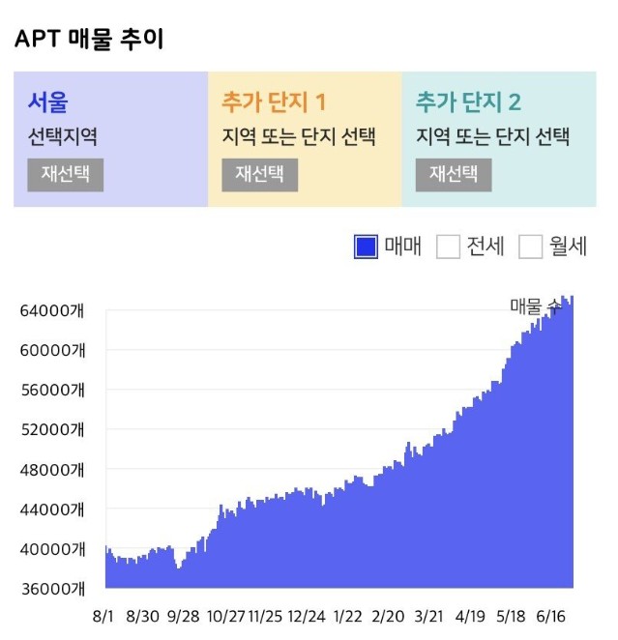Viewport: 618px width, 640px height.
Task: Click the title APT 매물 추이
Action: [x=89, y=40]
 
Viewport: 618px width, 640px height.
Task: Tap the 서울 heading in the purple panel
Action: [x=47, y=101]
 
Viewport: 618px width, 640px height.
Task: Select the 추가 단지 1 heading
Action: [x=274, y=101]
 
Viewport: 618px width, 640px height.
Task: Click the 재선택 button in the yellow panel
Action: [x=259, y=174]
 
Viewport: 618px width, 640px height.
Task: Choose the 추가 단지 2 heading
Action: [x=468, y=101]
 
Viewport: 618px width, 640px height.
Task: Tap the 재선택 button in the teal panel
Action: [x=454, y=174]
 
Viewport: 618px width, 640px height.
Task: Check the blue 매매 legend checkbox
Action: [x=366, y=247]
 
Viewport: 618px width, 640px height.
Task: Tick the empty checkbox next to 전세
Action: [x=448, y=247]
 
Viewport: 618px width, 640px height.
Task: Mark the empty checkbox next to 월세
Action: [x=531, y=247]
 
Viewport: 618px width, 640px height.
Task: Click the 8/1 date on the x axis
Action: [x=105, y=617]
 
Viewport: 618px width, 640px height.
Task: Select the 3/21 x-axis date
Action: [x=429, y=617]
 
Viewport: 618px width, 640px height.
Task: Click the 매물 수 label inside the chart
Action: [x=536, y=305]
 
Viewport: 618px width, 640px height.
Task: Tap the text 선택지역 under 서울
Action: [x=62, y=136]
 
